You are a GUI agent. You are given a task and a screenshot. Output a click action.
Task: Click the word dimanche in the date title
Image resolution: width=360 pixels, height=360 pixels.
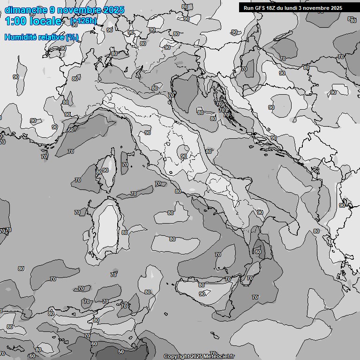[x=26, y=10]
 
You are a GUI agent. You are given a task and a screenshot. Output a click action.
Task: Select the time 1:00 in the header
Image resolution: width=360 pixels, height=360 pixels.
[x=16, y=21]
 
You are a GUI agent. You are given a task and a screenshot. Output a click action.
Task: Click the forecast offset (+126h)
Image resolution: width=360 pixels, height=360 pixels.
[x=83, y=21]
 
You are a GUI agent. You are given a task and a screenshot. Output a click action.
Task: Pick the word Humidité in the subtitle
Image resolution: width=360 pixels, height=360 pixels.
[x=20, y=37]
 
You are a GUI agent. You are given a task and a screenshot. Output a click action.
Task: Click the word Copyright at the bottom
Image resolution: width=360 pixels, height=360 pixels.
[x=177, y=357]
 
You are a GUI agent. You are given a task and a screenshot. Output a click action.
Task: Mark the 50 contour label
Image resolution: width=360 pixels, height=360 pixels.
[x=121, y=352]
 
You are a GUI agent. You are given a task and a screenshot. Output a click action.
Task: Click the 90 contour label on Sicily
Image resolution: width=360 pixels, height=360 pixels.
[x=202, y=294]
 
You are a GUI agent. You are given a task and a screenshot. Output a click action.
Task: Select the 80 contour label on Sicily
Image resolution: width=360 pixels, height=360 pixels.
[x=202, y=285]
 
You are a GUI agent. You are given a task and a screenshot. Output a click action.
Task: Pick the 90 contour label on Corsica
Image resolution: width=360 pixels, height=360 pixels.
[x=105, y=171]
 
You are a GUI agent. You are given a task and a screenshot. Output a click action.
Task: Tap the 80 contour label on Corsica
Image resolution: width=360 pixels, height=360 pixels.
[x=98, y=172]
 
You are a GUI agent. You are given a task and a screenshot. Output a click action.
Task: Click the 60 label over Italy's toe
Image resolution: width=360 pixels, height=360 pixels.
[x=258, y=252]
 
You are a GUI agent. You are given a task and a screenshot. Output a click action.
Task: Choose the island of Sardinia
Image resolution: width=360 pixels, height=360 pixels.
[x=106, y=227]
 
